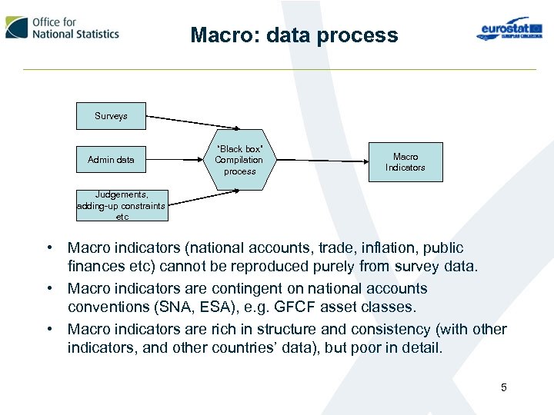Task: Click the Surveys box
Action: (x=111, y=116)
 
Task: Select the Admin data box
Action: (x=111, y=160)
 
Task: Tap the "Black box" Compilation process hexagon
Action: (x=239, y=160)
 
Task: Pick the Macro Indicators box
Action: (x=405, y=162)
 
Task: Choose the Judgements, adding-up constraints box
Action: (x=122, y=205)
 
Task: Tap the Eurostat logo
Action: (x=504, y=29)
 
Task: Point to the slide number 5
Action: (x=504, y=387)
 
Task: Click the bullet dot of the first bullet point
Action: (x=48, y=248)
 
